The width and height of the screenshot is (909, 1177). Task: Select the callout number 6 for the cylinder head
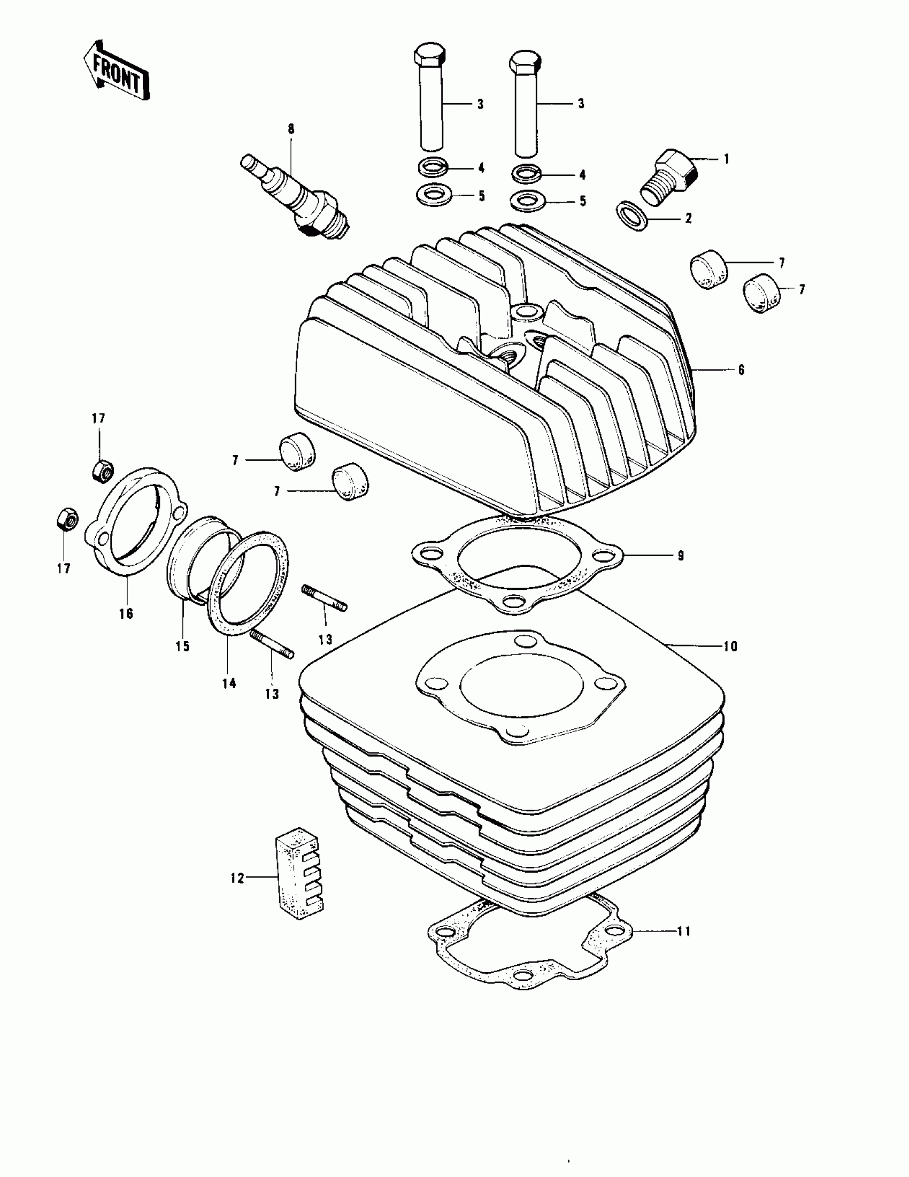click(x=742, y=370)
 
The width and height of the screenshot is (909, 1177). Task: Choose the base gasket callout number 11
click(x=683, y=930)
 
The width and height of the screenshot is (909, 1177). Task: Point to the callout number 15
click(x=183, y=646)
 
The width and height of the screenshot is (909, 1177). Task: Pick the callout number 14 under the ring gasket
click(x=229, y=683)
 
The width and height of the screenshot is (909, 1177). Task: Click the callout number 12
click(x=237, y=878)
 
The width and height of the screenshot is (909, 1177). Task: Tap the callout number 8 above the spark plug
click(x=291, y=129)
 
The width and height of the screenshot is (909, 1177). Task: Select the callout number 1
click(x=726, y=159)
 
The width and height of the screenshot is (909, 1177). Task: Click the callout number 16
click(x=126, y=613)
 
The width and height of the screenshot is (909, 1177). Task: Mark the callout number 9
click(x=681, y=555)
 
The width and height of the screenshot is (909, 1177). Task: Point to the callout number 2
click(x=688, y=218)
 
